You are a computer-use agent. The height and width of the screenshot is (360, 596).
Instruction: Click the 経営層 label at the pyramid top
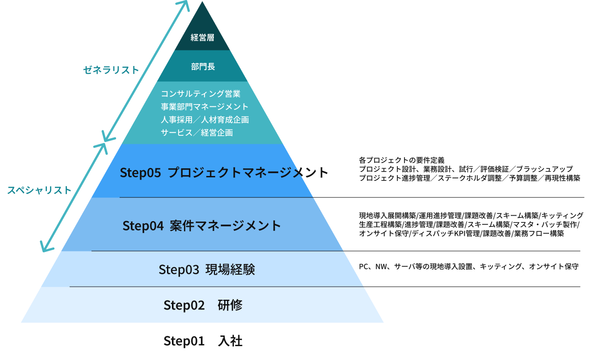202,38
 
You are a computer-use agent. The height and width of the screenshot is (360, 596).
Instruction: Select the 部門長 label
203,67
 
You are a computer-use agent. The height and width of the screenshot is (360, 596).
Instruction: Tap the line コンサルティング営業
200,94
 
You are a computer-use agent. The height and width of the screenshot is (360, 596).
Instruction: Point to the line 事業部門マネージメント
204,107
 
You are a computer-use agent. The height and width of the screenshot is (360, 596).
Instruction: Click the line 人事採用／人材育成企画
204,120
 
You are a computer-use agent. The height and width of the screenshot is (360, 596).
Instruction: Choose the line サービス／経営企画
196,133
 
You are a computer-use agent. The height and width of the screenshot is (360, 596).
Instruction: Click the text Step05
140,173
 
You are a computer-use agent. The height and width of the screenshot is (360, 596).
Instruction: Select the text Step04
143,226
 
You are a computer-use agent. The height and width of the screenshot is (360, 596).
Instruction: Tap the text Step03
179,270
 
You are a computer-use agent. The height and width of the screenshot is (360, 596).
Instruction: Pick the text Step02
184,306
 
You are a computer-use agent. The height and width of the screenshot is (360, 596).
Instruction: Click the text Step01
184,341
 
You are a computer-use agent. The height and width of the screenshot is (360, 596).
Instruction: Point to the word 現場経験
230,270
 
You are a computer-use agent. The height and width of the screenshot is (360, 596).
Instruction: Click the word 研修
230,306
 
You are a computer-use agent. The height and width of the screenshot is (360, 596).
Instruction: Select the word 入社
230,341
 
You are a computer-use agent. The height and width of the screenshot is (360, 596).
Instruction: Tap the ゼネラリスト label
111,70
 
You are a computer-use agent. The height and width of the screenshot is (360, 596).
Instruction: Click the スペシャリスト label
39,190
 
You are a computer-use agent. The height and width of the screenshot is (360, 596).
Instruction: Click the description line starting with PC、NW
469,267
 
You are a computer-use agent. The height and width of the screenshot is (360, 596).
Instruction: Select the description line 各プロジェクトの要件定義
401,160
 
